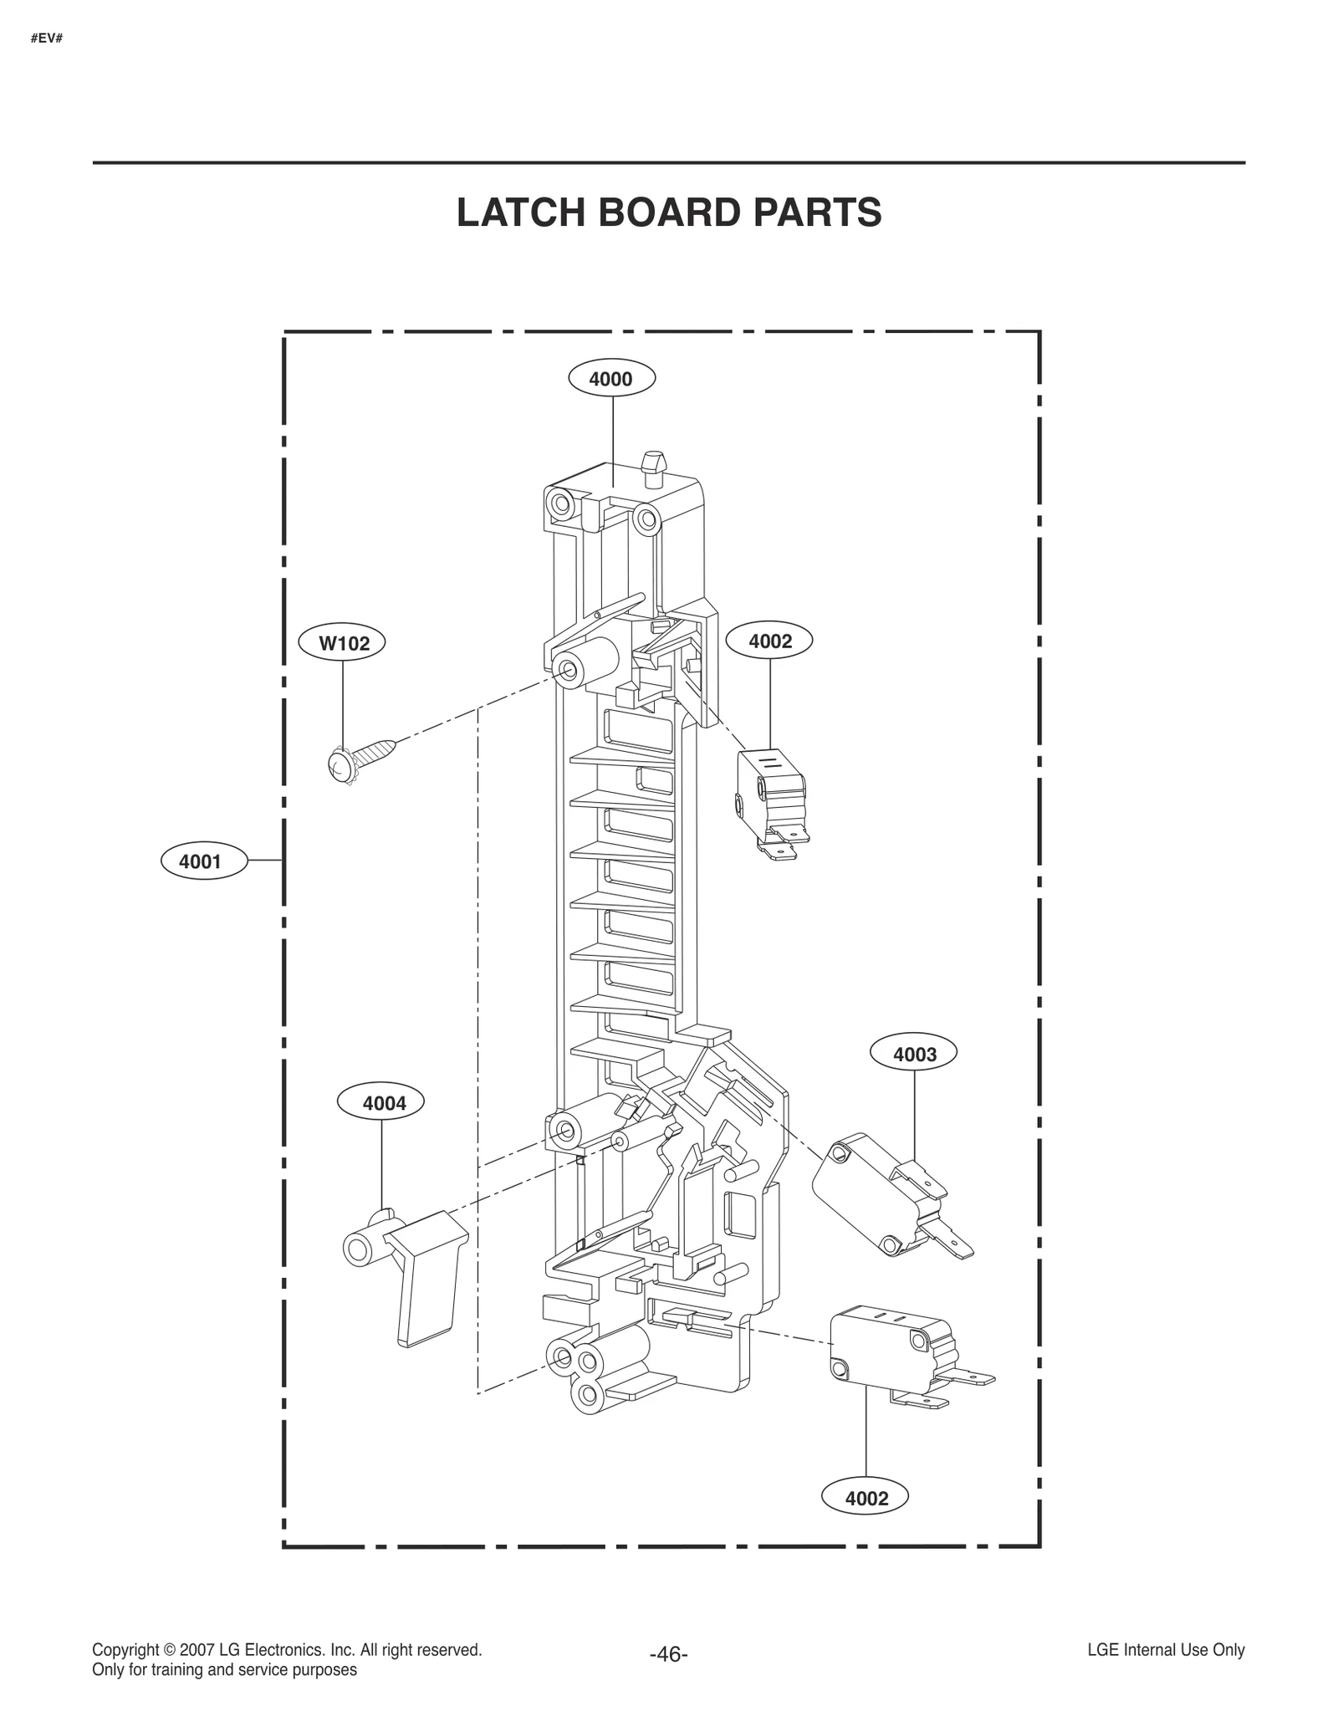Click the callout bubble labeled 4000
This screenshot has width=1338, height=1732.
point(611,379)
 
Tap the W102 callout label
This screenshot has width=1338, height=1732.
point(344,643)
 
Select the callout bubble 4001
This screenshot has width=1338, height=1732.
point(203,861)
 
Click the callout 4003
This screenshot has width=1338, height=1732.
point(914,1055)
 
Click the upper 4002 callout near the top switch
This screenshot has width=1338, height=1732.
point(769,641)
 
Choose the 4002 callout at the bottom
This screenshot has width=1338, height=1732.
point(866,1498)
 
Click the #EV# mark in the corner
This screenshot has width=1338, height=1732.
point(47,38)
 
